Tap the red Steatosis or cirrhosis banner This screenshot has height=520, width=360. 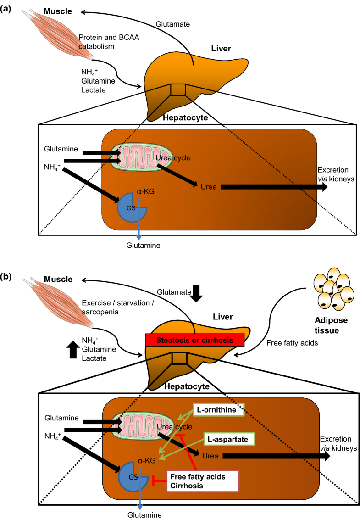[x=194, y=340]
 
